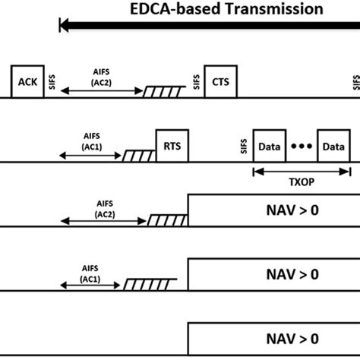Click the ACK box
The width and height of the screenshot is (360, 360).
(x=26, y=82)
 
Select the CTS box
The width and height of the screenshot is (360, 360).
(x=221, y=82)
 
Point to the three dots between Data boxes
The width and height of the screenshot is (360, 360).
(x=302, y=146)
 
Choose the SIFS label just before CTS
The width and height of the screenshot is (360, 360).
(x=197, y=83)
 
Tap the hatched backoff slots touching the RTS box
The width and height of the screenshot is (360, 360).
(x=139, y=156)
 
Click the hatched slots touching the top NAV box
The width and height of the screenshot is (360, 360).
(x=167, y=220)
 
